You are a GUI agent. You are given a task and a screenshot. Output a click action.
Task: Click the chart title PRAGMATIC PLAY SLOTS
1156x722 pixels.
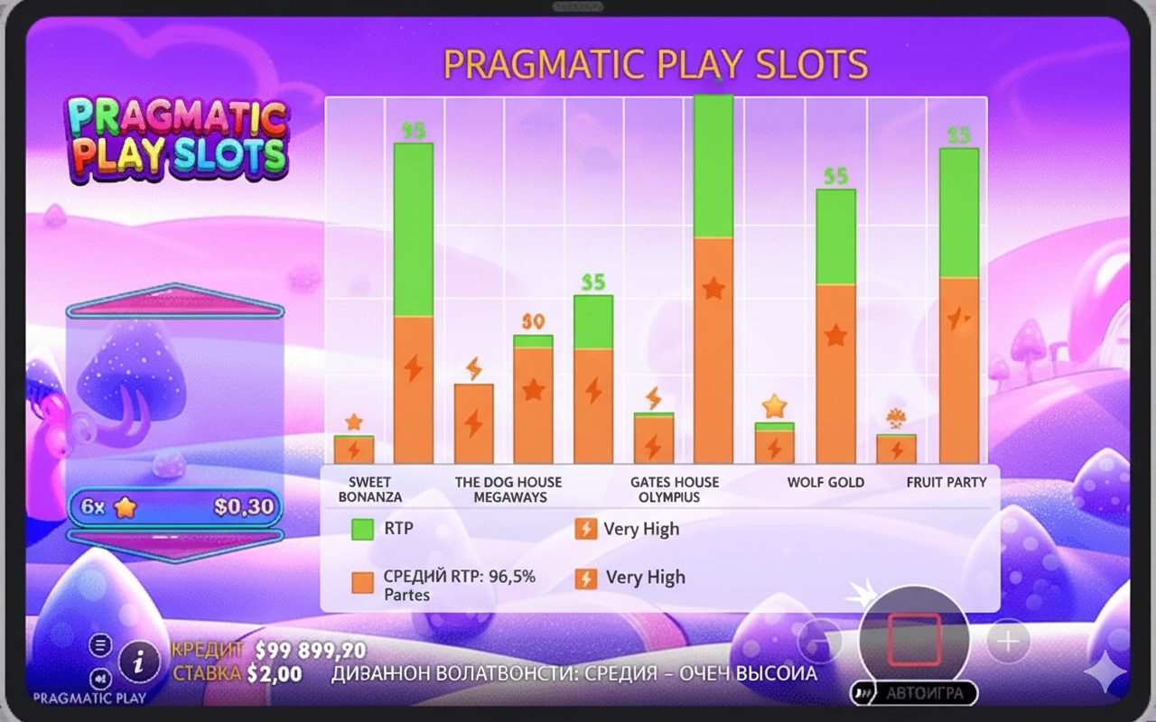coord(656,65)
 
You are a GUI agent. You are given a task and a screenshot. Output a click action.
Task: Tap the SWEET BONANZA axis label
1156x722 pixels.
coord(370,489)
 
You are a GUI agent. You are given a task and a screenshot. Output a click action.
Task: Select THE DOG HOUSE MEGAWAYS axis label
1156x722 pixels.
coord(508,489)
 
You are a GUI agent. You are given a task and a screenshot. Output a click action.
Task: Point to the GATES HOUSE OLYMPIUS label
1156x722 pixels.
coord(675,489)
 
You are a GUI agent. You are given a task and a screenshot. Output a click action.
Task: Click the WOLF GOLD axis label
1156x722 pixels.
coord(825,482)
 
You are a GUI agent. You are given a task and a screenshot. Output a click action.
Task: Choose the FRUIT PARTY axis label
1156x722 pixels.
coord(946,482)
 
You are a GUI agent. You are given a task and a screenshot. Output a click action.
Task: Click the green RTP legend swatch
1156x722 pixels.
coord(362,529)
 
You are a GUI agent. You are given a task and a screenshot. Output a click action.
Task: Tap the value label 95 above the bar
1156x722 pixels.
coord(414,131)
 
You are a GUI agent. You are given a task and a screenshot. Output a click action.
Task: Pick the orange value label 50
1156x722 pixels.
coord(533,321)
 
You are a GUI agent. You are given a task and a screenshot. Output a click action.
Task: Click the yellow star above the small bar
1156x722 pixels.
coord(774,407)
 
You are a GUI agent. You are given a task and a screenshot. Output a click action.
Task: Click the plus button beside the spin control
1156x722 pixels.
coord(1008,642)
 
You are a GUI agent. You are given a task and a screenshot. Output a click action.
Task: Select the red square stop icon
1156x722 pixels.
coord(914,640)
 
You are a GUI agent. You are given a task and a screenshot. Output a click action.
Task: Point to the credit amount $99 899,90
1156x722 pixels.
coord(311,651)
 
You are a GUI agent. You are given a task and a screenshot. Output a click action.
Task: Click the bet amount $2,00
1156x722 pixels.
coord(275,674)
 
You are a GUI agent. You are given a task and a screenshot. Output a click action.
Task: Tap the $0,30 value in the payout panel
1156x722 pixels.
coord(244,507)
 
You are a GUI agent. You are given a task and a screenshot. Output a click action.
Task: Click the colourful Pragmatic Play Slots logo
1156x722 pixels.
coord(176,137)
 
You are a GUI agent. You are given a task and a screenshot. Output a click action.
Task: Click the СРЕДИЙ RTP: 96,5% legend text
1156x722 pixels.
coord(459,577)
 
